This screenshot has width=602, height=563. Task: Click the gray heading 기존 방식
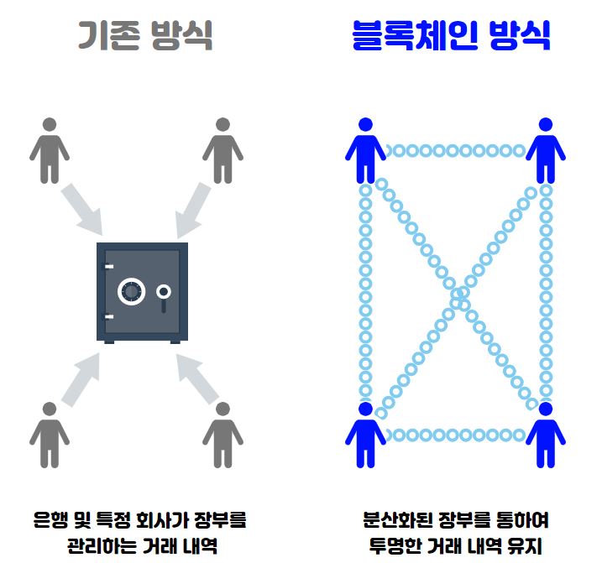[144, 34]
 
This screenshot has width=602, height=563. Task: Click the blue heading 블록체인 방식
[451, 34]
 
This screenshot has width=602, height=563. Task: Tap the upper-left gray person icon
[50, 149]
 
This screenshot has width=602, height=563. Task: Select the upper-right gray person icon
[222, 149]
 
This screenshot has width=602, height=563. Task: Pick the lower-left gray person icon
[50, 434]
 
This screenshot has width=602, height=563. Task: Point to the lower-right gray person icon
[222, 434]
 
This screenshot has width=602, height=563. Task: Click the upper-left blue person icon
[365, 149]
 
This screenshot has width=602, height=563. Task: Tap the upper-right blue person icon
[545, 149]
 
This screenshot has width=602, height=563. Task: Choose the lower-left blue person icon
[365, 434]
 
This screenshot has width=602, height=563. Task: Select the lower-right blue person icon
[545, 434]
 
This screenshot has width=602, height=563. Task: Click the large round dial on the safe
[131, 291]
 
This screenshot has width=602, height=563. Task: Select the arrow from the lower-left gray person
[84, 378]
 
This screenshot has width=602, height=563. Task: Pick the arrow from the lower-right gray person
[192, 378]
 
